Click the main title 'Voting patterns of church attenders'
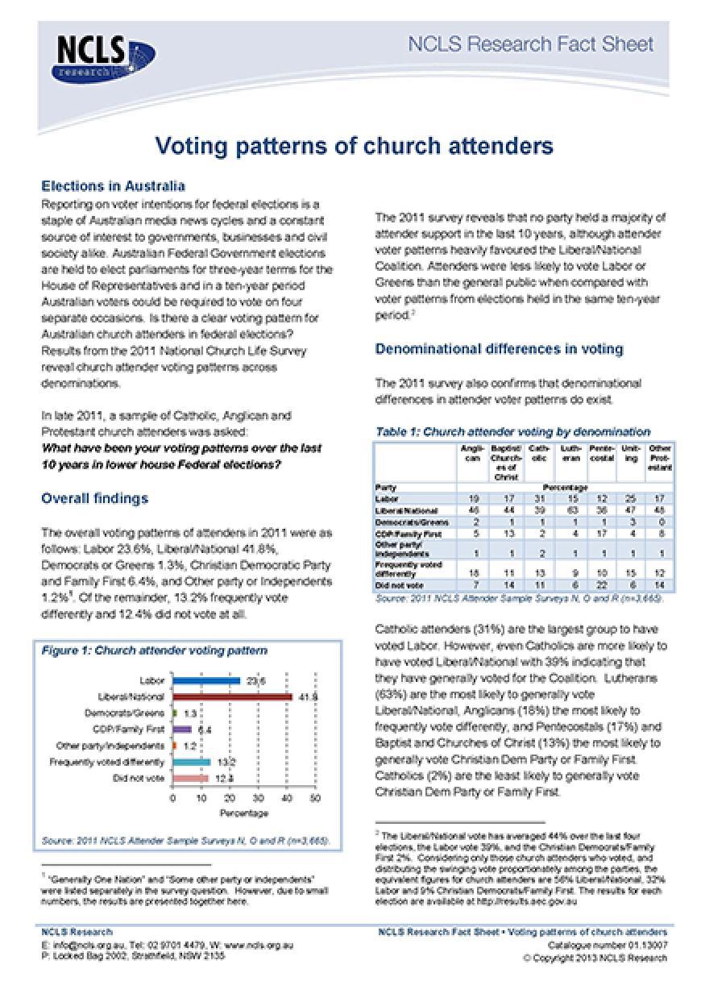coord(354,146)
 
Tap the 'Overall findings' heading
coord(94,498)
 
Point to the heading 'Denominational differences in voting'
coord(499,349)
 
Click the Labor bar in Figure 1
coord(206,681)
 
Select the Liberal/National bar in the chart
coord(232,697)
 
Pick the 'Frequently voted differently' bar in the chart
coord(192,762)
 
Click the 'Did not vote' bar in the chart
coord(191,778)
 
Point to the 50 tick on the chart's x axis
coord(315,798)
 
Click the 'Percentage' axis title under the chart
coord(244,813)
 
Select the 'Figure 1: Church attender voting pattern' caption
coord(155,651)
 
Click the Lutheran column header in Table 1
coord(570,453)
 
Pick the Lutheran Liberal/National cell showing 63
coord(570,510)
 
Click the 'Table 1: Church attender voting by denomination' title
coord(512,431)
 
